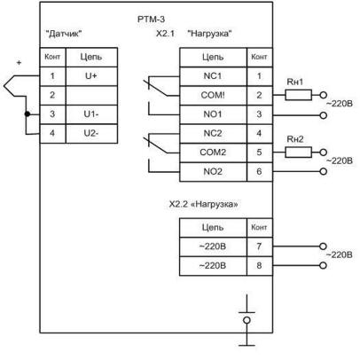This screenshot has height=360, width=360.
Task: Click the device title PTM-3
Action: click(151, 20)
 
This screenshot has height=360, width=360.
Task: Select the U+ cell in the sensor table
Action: click(91, 76)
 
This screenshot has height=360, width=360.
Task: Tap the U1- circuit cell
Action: click(91, 114)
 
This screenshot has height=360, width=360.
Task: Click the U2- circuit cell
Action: click(91, 134)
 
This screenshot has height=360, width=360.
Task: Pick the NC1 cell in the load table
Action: click(213, 76)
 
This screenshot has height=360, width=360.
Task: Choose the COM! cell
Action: click(213, 96)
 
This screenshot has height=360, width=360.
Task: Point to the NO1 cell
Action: click(213, 114)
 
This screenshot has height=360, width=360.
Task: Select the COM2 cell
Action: click(213, 153)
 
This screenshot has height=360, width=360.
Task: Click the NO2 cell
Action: click(213, 172)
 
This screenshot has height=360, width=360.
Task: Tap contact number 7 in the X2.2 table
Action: click(260, 247)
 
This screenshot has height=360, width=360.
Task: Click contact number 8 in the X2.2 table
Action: click(260, 266)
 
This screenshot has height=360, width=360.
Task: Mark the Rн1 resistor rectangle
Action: click(298, 95)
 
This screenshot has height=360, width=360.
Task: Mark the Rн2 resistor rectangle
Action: click(298, 153)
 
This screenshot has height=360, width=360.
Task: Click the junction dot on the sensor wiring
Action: click(27, 114)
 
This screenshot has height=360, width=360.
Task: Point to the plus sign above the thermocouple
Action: click(20, 63)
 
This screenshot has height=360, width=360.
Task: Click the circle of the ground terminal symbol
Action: click(247, 320)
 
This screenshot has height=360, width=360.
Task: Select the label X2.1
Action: click(165, 34)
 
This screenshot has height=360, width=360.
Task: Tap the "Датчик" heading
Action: click(64, 34)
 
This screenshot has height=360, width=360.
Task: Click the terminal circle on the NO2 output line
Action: click(324, 171)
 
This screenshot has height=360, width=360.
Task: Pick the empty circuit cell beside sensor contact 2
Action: click(91, 96)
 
